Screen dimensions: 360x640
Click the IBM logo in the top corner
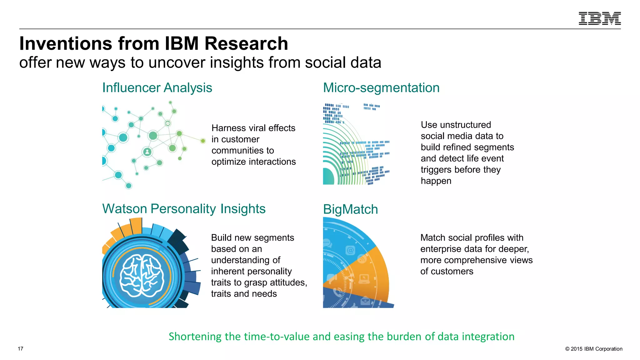tap(599, 18)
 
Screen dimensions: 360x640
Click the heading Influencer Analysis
tap(157, 88)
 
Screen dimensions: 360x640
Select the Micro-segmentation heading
tap(381, 88)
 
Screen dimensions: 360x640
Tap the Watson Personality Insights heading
tap(184, 209)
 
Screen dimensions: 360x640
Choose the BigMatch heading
tap(350, 209)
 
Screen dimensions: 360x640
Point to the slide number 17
tap(21, 349)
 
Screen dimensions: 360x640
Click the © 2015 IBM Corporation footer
tap(593, 349)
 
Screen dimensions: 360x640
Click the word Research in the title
tap(246, 43)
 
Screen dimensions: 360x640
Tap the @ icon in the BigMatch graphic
tap(350, 250)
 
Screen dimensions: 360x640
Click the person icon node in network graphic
tap(147, 152)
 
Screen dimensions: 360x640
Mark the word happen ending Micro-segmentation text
tap(436, 181)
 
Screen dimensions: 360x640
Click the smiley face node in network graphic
tap(168, 123)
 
